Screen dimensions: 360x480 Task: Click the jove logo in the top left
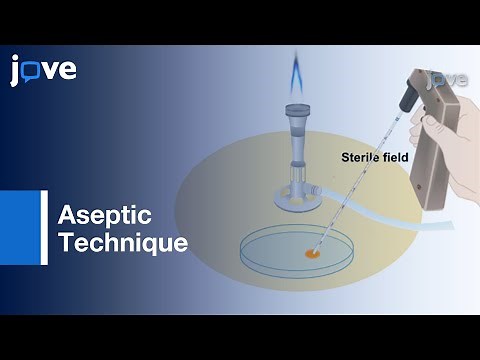(x=43, y=70)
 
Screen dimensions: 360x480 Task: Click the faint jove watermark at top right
(x=447, y=79)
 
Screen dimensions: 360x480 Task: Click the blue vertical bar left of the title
(x=44, y=228)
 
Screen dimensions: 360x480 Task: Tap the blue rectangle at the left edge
(x=15, y=228)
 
